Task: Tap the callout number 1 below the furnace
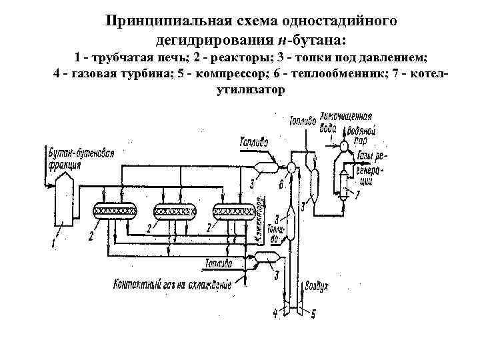click(54, 244)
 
